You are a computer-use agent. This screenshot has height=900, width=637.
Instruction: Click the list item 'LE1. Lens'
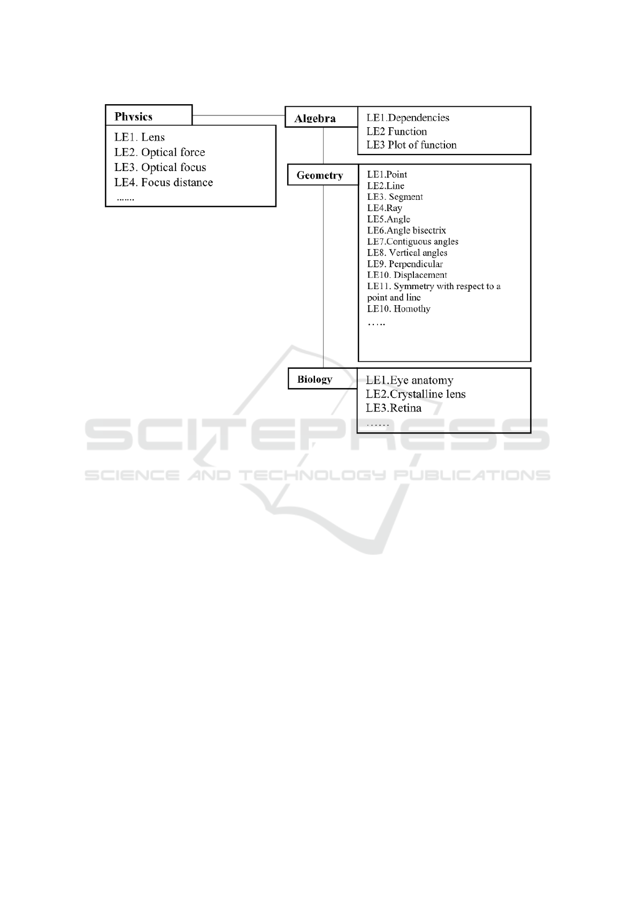tap(140, 137)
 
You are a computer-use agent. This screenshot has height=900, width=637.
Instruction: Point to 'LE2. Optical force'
tap(159, 152)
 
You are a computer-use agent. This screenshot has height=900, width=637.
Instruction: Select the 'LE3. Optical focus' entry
tap(160, 167)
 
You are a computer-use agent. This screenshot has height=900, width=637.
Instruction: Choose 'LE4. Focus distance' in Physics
tap(163, 182)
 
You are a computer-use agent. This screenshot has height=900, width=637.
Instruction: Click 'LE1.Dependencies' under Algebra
tap(408, 118)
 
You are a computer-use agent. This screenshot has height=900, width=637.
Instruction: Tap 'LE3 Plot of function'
tap(411, 145)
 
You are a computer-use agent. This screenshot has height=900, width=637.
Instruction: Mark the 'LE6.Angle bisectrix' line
tap(406, 230)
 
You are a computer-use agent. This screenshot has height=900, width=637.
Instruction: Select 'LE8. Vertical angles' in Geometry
tap(407, 253)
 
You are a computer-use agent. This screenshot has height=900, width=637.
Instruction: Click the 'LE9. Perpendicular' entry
tap(405, 264)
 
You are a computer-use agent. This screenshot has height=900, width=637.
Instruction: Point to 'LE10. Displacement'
tap(407, 275)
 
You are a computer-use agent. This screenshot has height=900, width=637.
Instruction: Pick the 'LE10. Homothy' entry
tap(398, 309)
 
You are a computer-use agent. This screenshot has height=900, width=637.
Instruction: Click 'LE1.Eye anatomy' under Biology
tap(409, 381)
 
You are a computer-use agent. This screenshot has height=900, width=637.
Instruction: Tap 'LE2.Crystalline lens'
tap(416, 394)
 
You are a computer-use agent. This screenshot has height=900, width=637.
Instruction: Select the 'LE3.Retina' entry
tap(393, 408)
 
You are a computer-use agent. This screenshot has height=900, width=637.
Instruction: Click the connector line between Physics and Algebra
tap(238, 115)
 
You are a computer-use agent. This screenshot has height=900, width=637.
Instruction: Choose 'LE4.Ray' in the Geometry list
tap(385, 208)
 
